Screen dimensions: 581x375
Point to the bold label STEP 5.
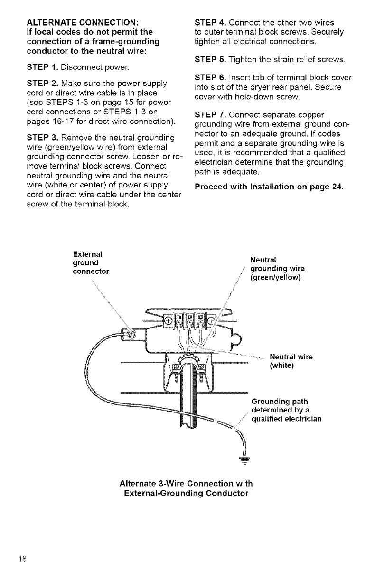212,60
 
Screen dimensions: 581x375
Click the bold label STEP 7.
212,115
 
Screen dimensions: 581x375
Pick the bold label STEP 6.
212,78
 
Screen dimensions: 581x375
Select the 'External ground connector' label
91,262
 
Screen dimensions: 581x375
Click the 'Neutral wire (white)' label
291,361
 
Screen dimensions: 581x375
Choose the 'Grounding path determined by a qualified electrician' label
286,410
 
